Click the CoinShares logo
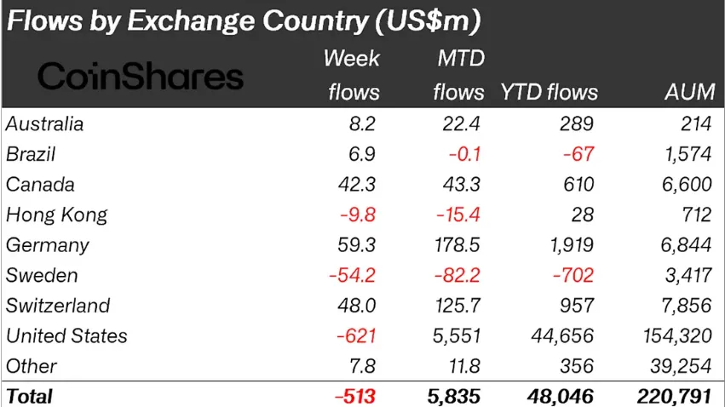click(141, 77)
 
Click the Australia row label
click(45, 124)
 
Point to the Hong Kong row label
click(57, 215)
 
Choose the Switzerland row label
click(58, 306)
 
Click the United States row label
click(67, 336)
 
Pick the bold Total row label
click(30, 396)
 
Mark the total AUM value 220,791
click(674, 396)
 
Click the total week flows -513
click(356, 396)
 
